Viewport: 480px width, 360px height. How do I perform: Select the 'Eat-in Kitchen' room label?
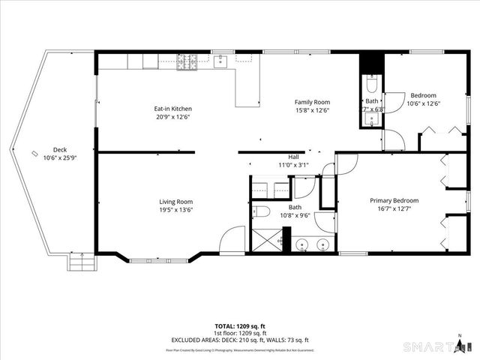point(173,109)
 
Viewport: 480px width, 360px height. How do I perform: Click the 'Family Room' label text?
point(312,102)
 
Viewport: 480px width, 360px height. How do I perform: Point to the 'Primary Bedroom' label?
point(394,200)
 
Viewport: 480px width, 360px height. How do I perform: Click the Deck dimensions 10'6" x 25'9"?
point(59,157)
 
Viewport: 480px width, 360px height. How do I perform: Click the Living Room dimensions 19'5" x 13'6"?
point(175,210)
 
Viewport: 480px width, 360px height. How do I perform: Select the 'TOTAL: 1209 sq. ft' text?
point(239,327)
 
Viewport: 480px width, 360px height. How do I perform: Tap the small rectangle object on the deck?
point(34,154)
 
